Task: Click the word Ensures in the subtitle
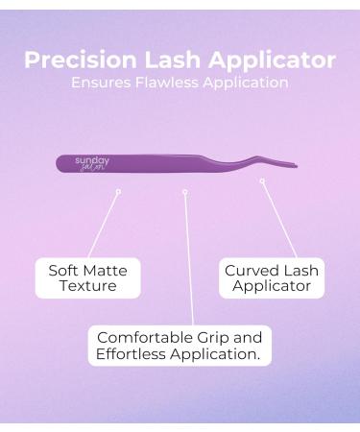tap(103, 83)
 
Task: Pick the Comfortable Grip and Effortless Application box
tap(180, 345)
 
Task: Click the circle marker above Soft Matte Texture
tap(118, 191)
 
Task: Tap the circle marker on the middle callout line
tap(184, 191)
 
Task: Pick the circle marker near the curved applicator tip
tap(262, 180)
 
